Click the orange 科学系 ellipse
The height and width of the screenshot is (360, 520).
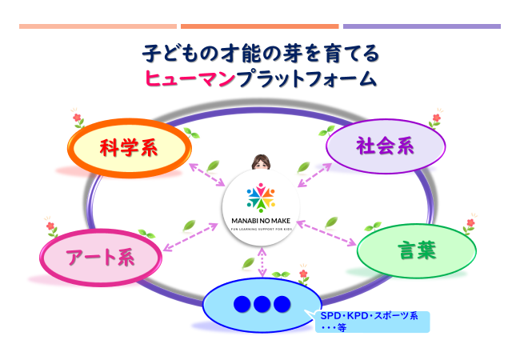[x=129, y=149]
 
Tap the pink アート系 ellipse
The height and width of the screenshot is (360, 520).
[x=99, y=257]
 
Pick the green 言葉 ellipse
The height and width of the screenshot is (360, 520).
[x=416, y=250]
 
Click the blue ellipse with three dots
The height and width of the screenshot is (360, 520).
[x=262, y=305]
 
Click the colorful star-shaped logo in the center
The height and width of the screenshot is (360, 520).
[x=260, y=197]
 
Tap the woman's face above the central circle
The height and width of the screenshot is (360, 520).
[x=260, y=163]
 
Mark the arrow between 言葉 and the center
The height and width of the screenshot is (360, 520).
[x=329, y=233]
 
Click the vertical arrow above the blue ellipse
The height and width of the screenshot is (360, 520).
[x=261, y=263]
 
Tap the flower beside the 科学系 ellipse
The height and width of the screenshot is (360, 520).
[x=78, y=119]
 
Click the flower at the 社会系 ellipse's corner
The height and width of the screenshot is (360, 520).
[x=436, y=121]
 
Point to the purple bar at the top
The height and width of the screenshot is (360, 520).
[x=422, y=26]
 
